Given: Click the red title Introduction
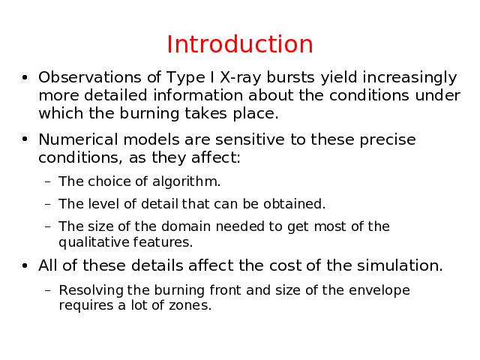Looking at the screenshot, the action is click(x=240, y=44).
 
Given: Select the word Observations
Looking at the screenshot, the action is click(x=90, y=77).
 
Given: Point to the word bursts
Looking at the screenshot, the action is click(x=290, y=77).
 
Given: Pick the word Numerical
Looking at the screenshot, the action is click(x=78, y=139).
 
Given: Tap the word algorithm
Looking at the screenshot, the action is click(x=186, y=181).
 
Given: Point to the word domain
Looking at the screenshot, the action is click(x=186, y=226).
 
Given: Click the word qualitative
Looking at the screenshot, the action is click(x=94, y=242).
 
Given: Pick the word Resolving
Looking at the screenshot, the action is click(x=91, y=291).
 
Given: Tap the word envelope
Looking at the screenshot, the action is click(x=379, y=291).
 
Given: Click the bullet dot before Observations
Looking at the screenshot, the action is click(x=25, y=77).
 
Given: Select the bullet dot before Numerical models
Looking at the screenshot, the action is click(x=25, y=139).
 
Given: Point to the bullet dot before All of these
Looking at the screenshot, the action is click(x=25, y=265).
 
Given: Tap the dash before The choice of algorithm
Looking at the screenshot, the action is click(x=47, y=182).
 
